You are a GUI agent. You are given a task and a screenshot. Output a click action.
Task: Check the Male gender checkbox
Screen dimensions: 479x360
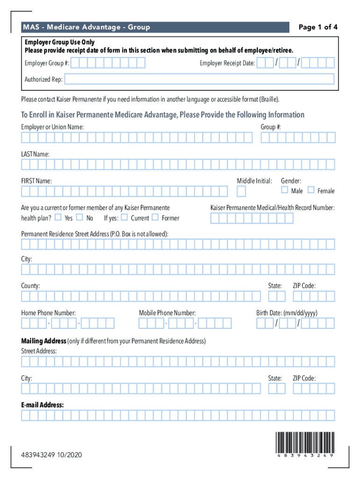(284, 190)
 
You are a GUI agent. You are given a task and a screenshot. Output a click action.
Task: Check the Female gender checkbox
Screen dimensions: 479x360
(311, 190)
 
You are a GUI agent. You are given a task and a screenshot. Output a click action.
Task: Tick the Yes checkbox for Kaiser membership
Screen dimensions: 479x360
(58, 217)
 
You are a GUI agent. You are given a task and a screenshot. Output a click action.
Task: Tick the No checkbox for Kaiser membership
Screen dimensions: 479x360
(79, 217)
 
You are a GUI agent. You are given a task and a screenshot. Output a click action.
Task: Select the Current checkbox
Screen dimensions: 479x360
(124, 217)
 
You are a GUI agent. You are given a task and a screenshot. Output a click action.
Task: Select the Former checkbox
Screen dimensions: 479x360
(155, 217)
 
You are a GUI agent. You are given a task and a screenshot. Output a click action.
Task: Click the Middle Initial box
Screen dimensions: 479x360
(241, 191)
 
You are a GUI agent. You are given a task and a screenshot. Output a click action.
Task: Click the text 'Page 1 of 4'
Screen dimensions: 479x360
(318, 27)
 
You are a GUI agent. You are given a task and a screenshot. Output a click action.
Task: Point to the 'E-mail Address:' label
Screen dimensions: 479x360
(43, 405)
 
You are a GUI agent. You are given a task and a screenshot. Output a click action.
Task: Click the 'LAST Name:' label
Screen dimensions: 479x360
(35, 154)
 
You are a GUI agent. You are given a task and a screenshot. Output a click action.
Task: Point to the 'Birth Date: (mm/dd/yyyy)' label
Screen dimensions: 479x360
(287, 313)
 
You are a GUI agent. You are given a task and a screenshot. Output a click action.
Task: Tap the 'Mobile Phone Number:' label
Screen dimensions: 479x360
(167, 313)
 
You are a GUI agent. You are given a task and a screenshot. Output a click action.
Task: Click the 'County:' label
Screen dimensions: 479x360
(30, 286)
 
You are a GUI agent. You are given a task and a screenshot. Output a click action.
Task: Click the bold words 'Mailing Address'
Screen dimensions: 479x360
(43, 341)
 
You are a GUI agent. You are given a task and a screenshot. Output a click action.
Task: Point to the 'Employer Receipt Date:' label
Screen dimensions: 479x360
(227, 63)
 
